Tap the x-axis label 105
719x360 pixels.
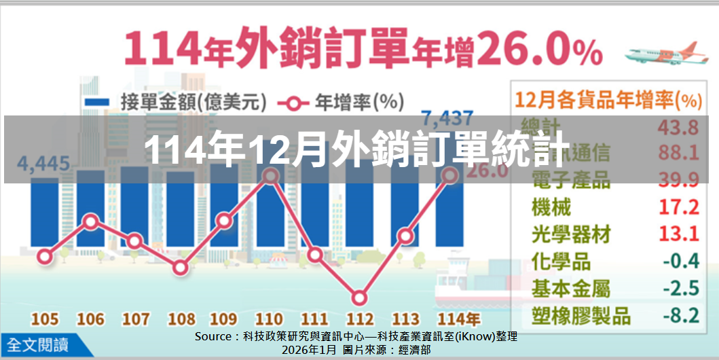pyautogui.click(x=43, y=319)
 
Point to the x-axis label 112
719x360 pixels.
pyautogui.click(x=360, y=319)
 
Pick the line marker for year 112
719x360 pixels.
pyautogui.click(x=360, y=298)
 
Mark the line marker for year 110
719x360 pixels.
pyautogui.click(x=270, y=176)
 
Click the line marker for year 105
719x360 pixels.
pyautogui.click(x=45, y=256)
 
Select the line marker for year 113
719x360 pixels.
pyautogui.click(x=405, y=236)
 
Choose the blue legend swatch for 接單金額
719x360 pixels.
pyautogui.click(x=96, y=102)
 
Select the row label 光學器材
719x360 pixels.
pyautogui.click(x=571, y=234)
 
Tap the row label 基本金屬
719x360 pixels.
pyautogui.click(x=571, y=289)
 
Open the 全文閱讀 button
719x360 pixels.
pyautogui.click(x=39, y=344)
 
